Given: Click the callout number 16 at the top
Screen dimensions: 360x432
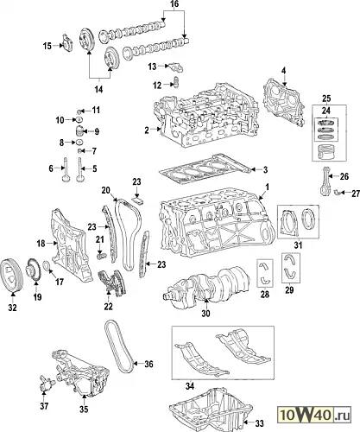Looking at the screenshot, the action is coord(174,4).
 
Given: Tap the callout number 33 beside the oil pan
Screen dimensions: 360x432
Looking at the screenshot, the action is coord(259,423).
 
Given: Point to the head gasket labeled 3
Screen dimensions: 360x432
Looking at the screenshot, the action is coord(205,171).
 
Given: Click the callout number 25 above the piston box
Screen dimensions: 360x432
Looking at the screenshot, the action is coord(326,98).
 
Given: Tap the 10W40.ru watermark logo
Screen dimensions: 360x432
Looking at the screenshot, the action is coord(314,416).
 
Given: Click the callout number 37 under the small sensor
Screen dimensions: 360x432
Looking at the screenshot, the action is coord(44,406).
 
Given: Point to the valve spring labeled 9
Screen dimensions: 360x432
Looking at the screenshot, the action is coord(79,131).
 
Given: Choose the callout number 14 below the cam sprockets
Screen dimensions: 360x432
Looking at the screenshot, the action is coord(98,89).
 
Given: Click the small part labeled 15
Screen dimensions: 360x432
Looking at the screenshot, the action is coord(67,43).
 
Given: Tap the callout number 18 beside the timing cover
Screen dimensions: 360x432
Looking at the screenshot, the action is coord(41,244).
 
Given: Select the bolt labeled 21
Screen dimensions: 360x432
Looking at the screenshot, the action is coord(101,255).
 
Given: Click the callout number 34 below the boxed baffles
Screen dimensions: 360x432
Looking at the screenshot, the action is coord(190,386).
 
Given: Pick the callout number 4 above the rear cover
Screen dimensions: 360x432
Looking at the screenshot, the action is coord(284,70).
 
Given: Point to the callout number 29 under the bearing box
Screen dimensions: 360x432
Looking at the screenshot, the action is coord(289,290).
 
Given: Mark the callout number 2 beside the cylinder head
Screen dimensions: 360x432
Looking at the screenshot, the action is coord(147,130).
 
